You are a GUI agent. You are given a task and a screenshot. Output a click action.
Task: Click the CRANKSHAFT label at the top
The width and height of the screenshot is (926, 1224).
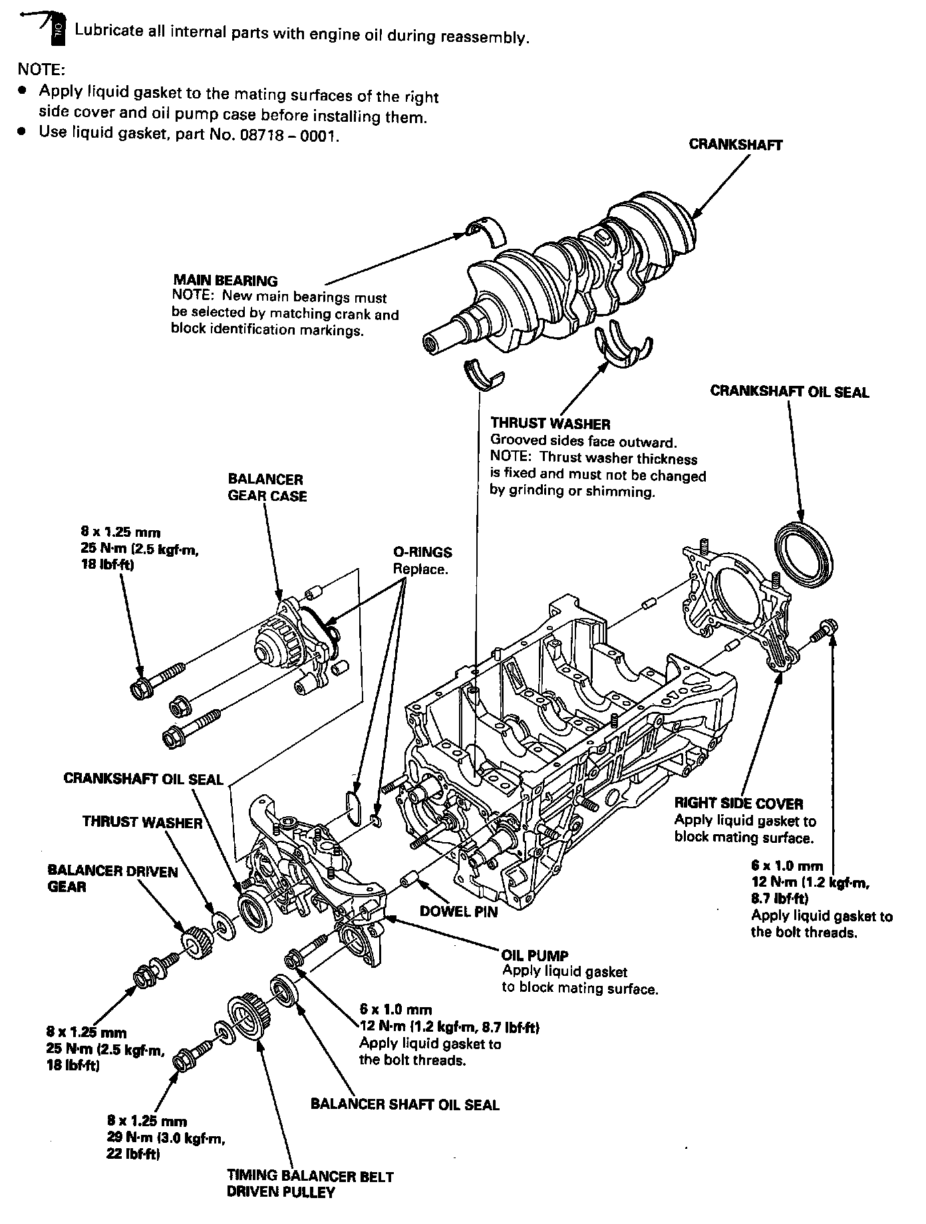pyautogui.click(x=735, y=144)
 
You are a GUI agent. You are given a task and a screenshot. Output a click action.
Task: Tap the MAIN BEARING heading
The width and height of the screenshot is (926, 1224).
pyautogui.click(x=226, y=281)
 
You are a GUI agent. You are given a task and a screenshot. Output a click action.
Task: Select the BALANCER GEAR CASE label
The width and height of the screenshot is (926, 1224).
pyautogui.click(x=267, y=488)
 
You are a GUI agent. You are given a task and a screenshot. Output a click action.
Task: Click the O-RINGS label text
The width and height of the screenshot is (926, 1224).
pyautogui.click(x=422, y=552)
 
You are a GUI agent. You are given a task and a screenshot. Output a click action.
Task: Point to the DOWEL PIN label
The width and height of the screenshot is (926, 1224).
pyautogui.click(x=458, y=911)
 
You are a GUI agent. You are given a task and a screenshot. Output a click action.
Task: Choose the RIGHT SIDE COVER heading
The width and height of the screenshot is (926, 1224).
pyautogui.click(x=738, y=803)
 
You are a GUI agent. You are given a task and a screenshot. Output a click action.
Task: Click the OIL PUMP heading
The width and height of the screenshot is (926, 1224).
pyautogui.click(x=535, y=956)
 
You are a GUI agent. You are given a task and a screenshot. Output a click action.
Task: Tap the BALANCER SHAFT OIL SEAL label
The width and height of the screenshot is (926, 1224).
pyautogui.click(x=404, y=1104)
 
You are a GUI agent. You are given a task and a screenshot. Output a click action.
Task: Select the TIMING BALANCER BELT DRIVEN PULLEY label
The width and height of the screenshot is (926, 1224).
pyautogui.click(x=310, y=1184)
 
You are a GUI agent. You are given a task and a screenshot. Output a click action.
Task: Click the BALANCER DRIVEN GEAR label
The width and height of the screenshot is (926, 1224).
pyautogui.click(x=112, y=879)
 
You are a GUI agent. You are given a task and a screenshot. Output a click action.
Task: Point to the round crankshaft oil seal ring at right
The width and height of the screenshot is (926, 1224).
pyautogui.click(x=804, y=555)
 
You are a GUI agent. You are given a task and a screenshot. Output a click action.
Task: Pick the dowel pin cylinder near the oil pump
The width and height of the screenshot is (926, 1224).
pyautogui.click(x=408, y=879)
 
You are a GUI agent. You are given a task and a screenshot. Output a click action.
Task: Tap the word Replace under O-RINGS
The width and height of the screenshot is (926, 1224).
pyautogui.click(x=420, y=569)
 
